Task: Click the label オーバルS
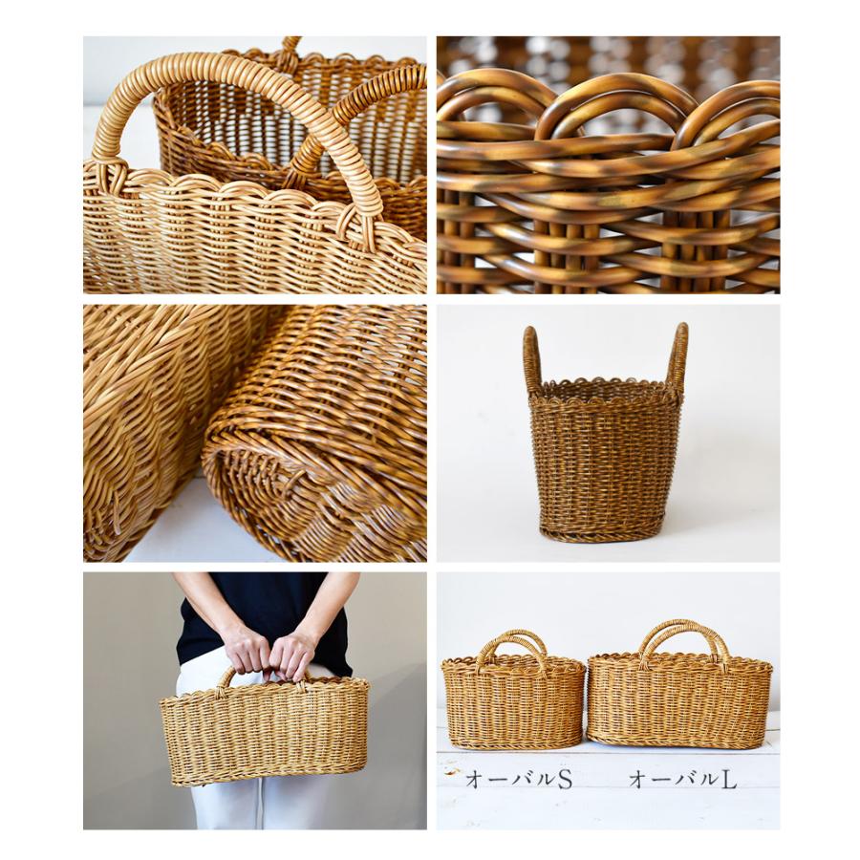click(x=518, y=780)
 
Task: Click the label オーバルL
click(x=682, y=780)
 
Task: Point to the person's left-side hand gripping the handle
click(x=247, y=649)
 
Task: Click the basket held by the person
click(x=265, y=730)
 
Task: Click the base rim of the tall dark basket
click(x=604, y=532)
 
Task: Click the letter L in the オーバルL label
click(x=729, y=780)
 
